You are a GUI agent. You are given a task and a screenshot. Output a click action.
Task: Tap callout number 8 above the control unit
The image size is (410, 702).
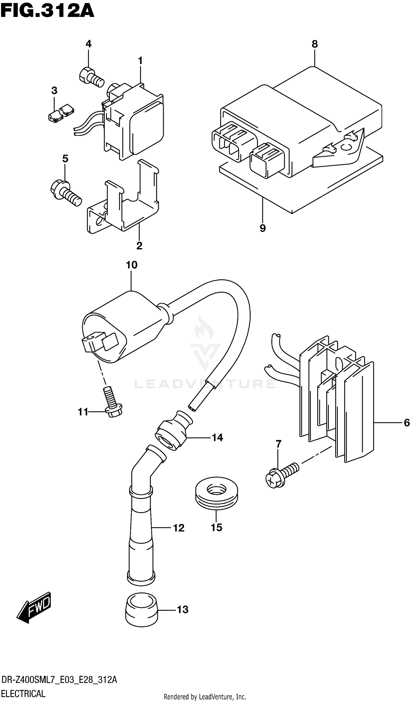(x=314, y=44)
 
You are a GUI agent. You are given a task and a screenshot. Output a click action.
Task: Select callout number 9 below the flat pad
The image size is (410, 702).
(x=262, y=228)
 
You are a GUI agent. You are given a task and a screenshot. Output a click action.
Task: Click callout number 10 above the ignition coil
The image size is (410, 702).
(x=131, y=265)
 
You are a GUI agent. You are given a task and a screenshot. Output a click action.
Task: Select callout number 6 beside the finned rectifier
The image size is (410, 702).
(x=406, y=423)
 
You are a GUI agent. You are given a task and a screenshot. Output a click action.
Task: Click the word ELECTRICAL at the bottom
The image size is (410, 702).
(x=23, y=694)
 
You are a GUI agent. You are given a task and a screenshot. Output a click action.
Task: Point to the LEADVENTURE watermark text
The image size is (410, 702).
(x=205, y=384)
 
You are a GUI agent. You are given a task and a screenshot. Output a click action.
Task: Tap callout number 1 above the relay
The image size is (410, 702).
(x=140, y=60)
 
